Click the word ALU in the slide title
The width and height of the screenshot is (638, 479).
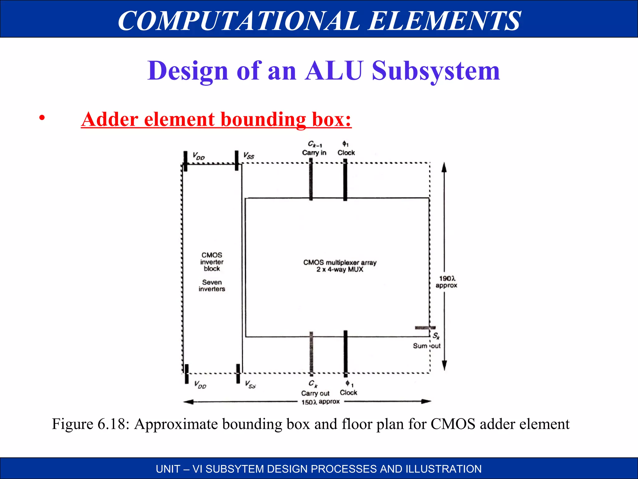(x=334, y=71)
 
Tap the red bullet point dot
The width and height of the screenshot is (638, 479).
(x=42, y=118)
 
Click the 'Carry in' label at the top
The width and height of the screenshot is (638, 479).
(x=314, y=152)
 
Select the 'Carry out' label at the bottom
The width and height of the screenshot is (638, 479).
(x=315, y=393)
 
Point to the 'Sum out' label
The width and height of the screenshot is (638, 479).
(x=426, y=346)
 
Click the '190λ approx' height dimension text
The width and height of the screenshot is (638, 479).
(x=447, y=282)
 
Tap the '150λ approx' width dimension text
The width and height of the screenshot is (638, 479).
(x=320, y=402)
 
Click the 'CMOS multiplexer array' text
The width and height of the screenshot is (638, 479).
(x=340, y=263)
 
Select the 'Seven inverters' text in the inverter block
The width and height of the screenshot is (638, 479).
(x=212, y=285)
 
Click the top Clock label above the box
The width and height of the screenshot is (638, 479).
(x=346, y=152)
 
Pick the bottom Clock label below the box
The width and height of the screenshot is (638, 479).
(x=348, y=392)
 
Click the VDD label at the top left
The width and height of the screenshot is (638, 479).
(x=198, y=156)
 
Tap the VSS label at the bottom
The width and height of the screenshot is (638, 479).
(x=250, y=384)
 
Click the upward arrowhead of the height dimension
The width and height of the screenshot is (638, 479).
(x=444, y=167)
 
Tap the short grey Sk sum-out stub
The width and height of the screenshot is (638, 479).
(x=425, y=327)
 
